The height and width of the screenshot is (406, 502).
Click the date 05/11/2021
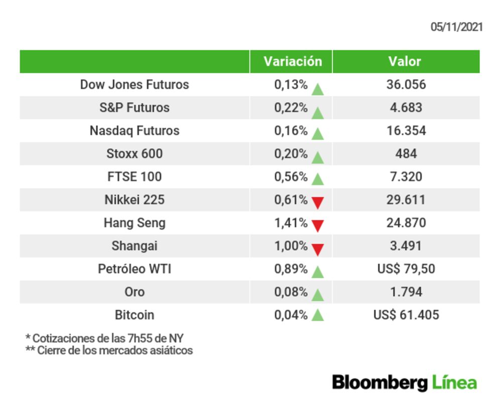click(456, 27)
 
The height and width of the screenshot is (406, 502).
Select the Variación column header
click(293, 61)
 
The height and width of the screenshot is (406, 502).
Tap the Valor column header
click(405, 61)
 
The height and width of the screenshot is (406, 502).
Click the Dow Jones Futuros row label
click(135, 84)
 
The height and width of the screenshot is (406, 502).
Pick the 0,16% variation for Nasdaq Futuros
click(291, 131)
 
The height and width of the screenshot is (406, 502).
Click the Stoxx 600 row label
click(135, 154)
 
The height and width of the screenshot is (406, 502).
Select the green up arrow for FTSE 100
click(317, 178)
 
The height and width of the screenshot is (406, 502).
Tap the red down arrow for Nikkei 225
click(317, 202)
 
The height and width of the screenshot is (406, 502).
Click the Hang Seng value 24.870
click(406, 223)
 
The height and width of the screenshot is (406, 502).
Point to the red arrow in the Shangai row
click(317, 249)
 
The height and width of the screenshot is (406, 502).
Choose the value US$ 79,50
click(406, 269)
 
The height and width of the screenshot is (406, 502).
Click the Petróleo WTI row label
click(135, 269)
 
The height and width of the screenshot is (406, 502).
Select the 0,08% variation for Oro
click(291, 292)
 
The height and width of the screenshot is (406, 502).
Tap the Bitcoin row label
click(135, 315)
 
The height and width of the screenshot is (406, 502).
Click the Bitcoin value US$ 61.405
click(406, 315)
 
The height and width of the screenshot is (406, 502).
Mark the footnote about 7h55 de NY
click(104, 338)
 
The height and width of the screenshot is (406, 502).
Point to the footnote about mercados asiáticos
click(109, 350)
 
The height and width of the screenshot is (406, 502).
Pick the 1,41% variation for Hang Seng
click(291, 223)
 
